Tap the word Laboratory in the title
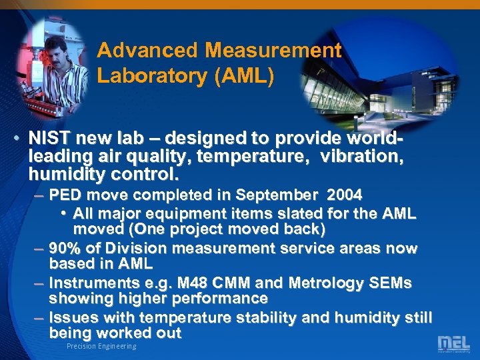(x=153, y=75)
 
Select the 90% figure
(x=66, y=249)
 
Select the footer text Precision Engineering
(x=101, y=346)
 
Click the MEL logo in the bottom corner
(x=453, y=343)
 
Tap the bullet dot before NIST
(x=15, y=139)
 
